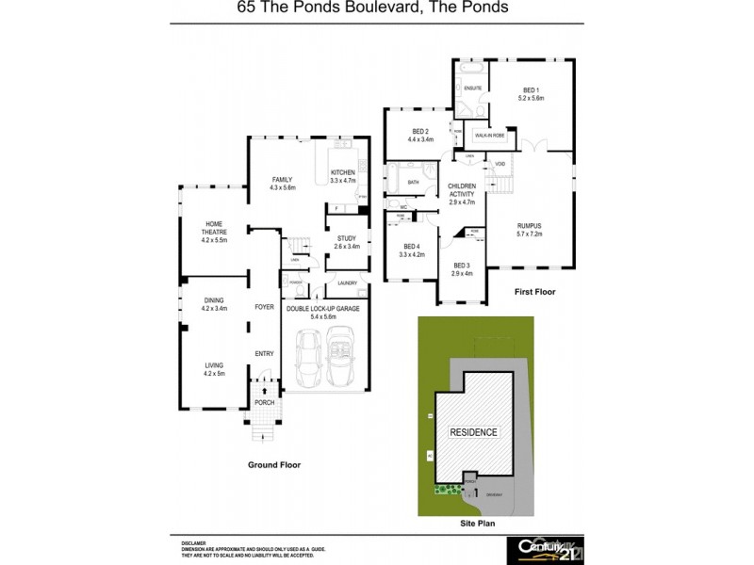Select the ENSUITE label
[x=473, y=89]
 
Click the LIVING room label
[x=214, y=368]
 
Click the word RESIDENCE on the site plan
[x=473, y=432]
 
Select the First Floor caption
[x=534, y=293]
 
